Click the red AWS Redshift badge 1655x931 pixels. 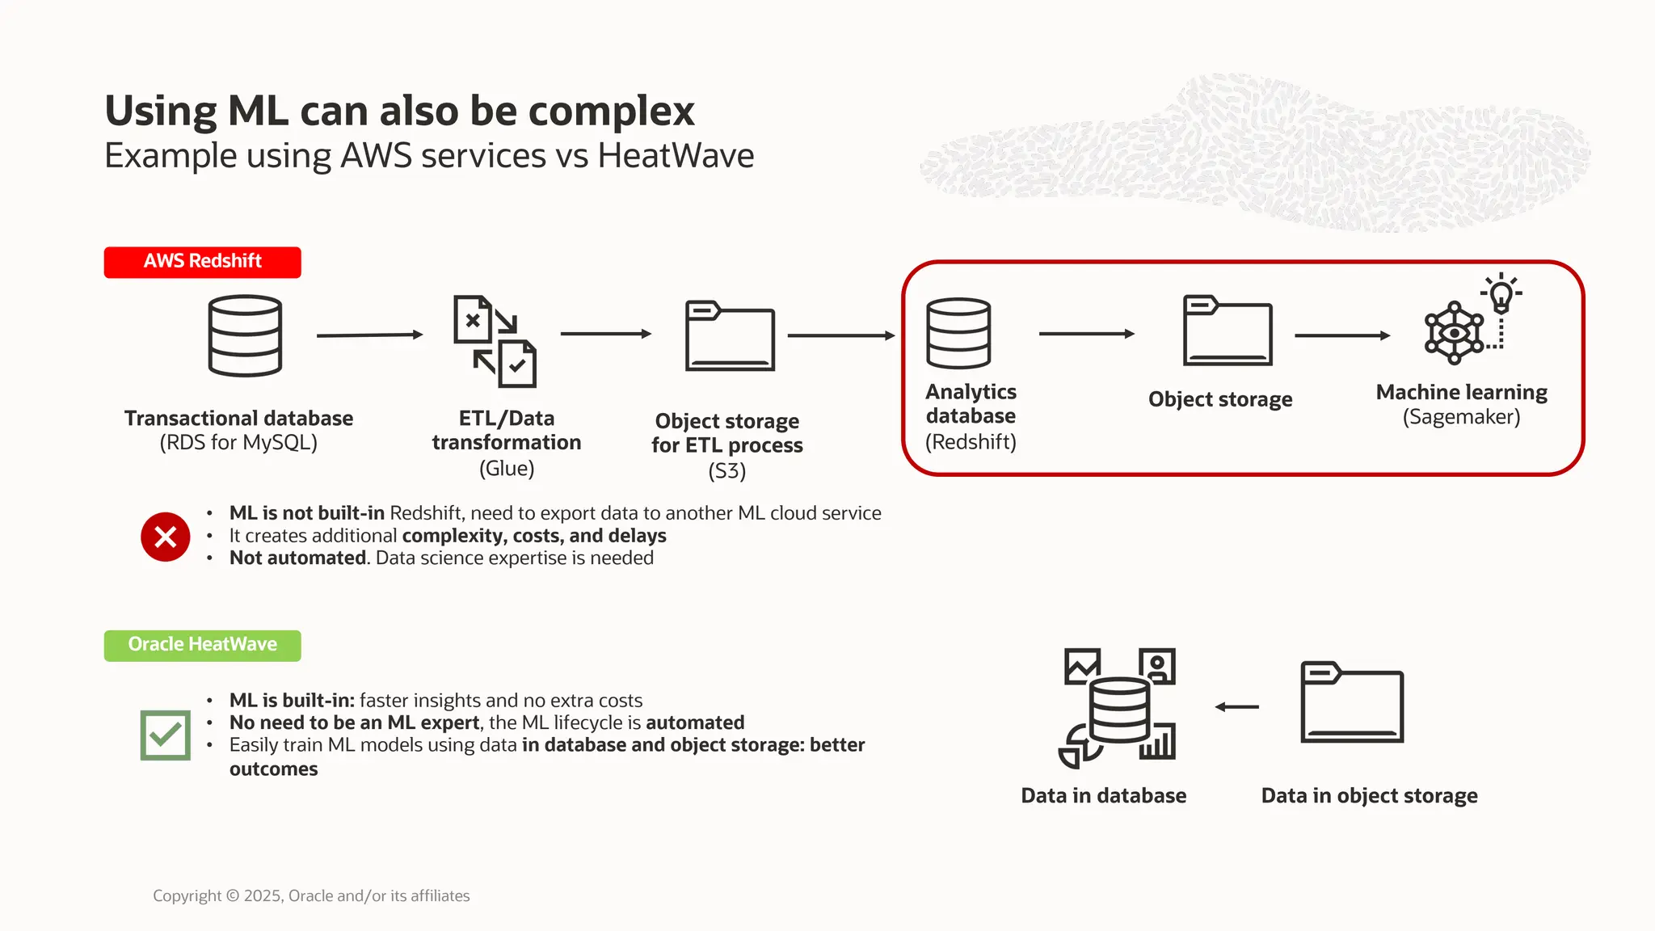202,262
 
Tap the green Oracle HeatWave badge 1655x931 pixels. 202,645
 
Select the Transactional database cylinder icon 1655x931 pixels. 245,335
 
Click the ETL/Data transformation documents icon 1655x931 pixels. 495,341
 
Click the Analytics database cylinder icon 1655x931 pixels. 958,333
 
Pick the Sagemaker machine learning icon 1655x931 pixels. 1455,332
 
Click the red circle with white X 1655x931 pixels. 165,537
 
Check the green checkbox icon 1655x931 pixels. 165,735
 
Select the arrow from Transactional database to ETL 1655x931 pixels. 369,335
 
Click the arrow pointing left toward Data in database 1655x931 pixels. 1236,707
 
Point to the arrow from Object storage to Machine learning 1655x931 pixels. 1341,335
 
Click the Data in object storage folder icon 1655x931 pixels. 1351,702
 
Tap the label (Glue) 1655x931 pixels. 507,468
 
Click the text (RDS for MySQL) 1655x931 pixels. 238,443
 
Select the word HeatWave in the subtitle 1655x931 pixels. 676,155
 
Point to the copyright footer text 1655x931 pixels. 311,895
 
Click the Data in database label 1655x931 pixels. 1103,795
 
